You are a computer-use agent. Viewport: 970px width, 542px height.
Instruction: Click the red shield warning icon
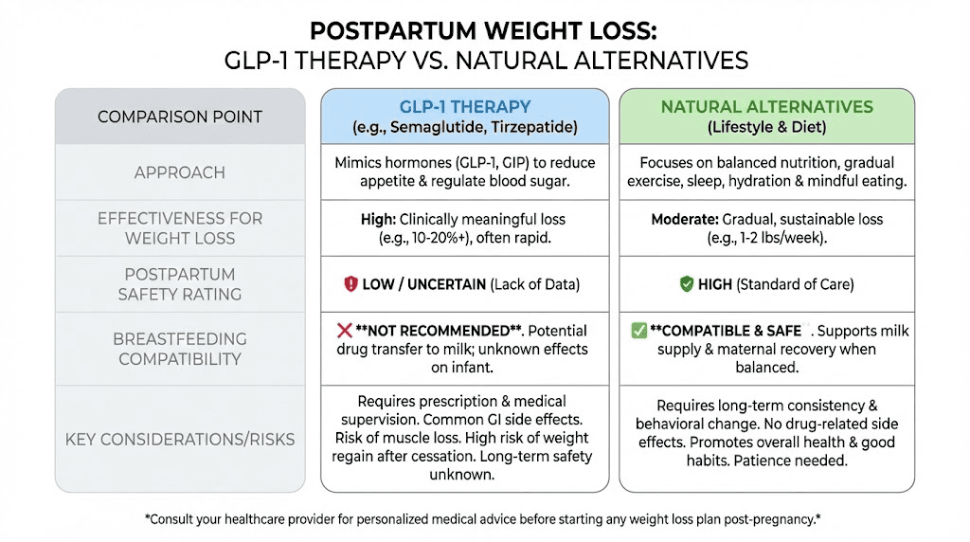coord(350,284)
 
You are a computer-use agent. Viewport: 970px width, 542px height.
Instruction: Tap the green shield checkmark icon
coord(687,284)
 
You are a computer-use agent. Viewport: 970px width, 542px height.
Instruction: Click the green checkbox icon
coord(638,331)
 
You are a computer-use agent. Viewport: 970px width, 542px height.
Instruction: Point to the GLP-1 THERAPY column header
coord(465,107)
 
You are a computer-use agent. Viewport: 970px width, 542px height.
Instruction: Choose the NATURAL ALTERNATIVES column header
coord(767,107)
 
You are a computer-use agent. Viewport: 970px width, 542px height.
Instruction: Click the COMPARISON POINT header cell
coord(180,117)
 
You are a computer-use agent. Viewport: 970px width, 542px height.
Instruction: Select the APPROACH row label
coord(180,172)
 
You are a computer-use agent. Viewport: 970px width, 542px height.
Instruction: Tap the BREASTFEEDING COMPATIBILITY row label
coord(180,349)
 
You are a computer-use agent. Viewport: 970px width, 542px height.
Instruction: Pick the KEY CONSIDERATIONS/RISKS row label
coord(180,439)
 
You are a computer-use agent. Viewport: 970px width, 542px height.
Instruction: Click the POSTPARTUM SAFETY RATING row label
coord(180,284)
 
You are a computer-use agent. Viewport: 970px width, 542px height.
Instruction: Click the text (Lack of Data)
coord(535,284)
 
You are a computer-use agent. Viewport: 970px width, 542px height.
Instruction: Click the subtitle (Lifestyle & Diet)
coord(767,127)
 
